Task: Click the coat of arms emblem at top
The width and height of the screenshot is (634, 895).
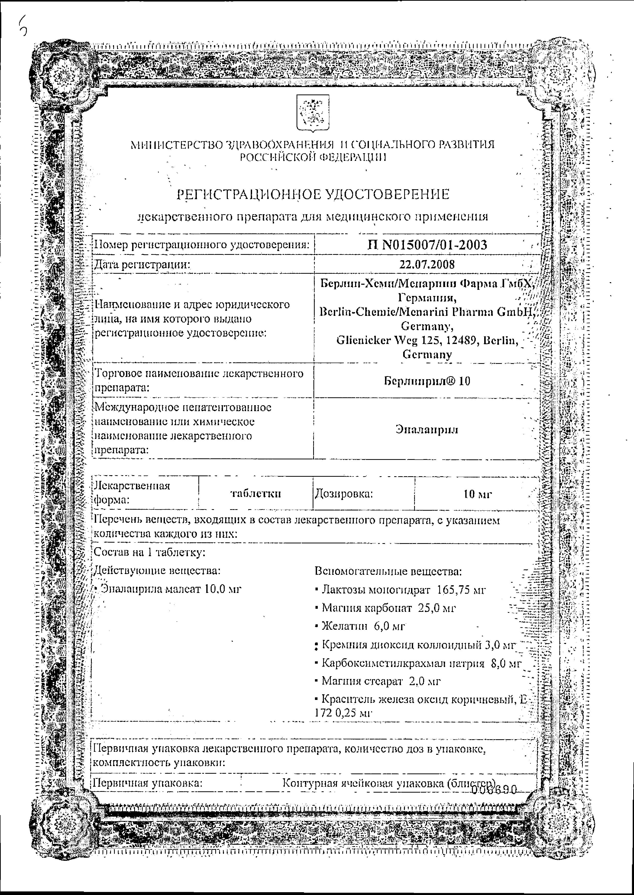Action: pos(313,113)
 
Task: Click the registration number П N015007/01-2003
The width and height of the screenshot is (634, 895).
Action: pos(427,245)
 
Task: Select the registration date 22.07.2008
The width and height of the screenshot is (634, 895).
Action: pos(427,264)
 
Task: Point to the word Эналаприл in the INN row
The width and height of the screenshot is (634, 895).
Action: pos(426,429)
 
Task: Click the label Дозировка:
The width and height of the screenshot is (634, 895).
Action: pos(344,494)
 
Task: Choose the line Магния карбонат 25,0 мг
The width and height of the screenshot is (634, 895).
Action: pos(388,607)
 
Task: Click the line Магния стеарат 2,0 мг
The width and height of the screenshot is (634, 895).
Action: pos(381,681)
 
